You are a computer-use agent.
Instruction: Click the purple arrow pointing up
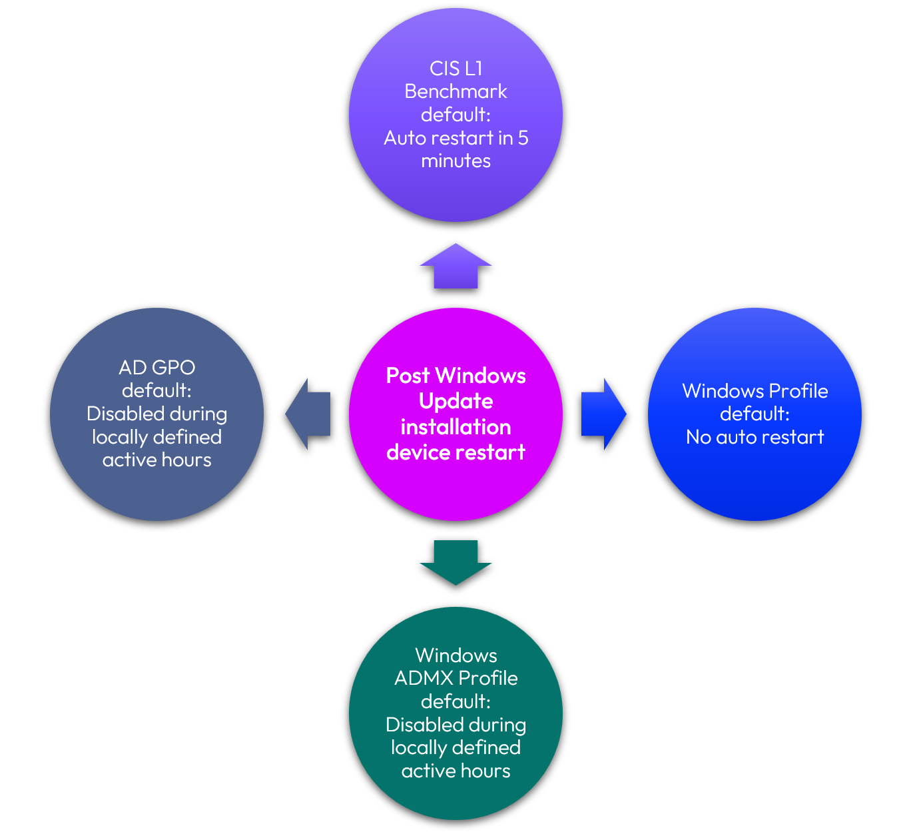(x=455, y=268)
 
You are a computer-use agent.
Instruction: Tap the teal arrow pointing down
(x=455, y=561)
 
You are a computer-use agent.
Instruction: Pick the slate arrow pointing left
(x=309, y=414)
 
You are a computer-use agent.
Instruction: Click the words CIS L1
(x=455, y=69)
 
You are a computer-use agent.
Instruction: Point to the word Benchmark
(x=455, y=91)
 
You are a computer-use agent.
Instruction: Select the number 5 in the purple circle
(x=523, y=138)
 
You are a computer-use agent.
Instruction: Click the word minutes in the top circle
(x=455, y=161)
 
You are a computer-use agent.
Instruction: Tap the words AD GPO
(x=156, y=368)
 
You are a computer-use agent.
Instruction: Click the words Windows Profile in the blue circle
(x=754, y=391)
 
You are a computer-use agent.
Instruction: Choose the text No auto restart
(x=754, y=437)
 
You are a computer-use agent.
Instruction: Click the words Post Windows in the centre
(x=455, y=376)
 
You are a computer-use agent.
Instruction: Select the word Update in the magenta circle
(x=455, y=401)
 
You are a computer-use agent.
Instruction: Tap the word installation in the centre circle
(x=455, y=427)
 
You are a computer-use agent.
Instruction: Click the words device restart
(x=455, y=452)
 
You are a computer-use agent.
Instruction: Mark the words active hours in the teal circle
(x=455, y=771)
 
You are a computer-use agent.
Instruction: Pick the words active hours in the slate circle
(x=156, y=460)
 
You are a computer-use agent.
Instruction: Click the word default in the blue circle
(x=752, y=414)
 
